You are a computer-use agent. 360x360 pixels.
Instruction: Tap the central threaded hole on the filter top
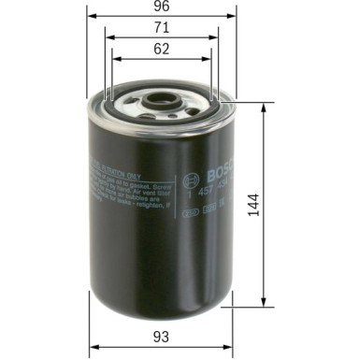pyautogui.click(x=161, y=97)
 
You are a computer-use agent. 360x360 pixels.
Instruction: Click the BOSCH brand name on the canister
pyautogui.click(x=213, y=169)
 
